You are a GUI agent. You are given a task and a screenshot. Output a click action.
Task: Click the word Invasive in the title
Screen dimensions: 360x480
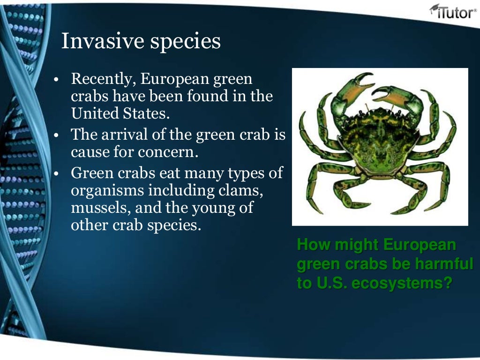(x=100, y=42)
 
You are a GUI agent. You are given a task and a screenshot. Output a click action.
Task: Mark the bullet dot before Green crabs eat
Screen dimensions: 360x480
(x=55, y=174)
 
